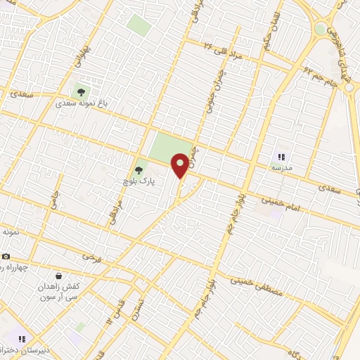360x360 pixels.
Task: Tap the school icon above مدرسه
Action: pos(281,157)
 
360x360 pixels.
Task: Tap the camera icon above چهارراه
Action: pos(6,256)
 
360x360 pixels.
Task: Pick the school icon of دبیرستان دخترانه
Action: pos(22,340)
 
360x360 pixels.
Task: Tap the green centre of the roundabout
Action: pos(321,30)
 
